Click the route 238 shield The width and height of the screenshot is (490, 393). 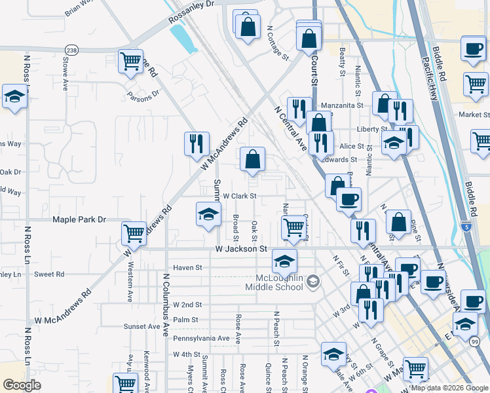[x=71, y=50]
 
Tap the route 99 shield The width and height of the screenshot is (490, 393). [x=474, y=340]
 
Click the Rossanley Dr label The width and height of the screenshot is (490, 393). [x=191, y=4]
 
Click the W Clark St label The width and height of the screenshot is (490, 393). [x=239, y=195]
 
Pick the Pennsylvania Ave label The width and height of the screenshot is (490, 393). [x=202, y=339]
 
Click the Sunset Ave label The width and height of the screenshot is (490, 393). [x=142, y=326]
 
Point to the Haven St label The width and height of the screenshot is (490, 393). [x=188, y=267]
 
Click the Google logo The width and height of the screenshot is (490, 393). [x=22, y=384]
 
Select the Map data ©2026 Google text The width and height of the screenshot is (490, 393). [x=449, y=388]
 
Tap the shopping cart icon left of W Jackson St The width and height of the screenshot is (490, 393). [x=134, y=233]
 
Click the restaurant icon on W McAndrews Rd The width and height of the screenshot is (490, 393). [x=197, y=143]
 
